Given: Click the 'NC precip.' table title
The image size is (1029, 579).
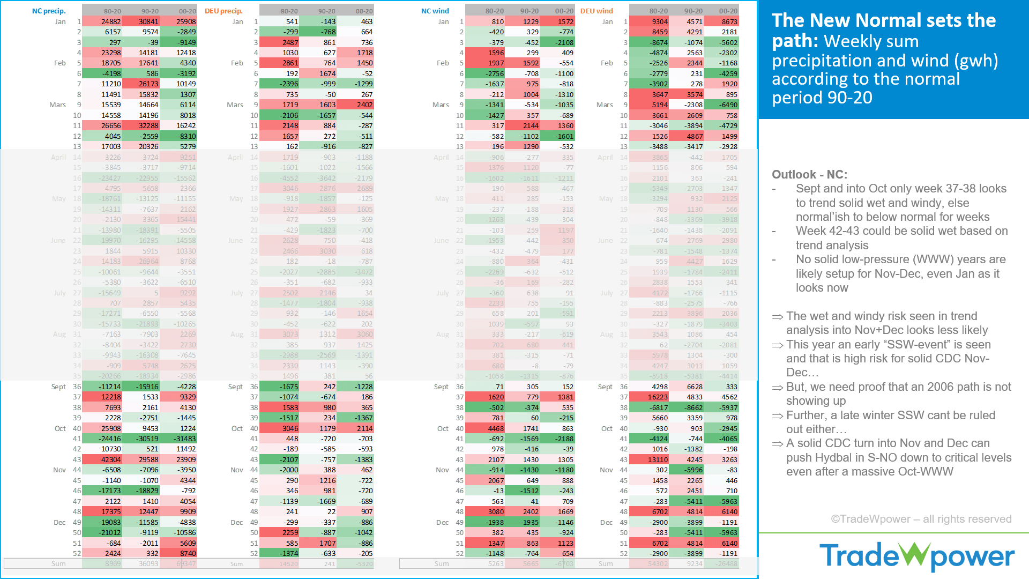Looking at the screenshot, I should [x=49, y=11].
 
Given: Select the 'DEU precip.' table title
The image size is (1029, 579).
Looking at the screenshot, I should [x=223, y=11].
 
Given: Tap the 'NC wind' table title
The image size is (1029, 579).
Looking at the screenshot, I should [x=435, y=11].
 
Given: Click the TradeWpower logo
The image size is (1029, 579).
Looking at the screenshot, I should [x=916, y=556].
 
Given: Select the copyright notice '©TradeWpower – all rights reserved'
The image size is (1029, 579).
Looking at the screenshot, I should [x=921, y=519].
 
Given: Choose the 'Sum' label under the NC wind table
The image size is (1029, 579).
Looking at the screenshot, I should [x=442, y=563].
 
